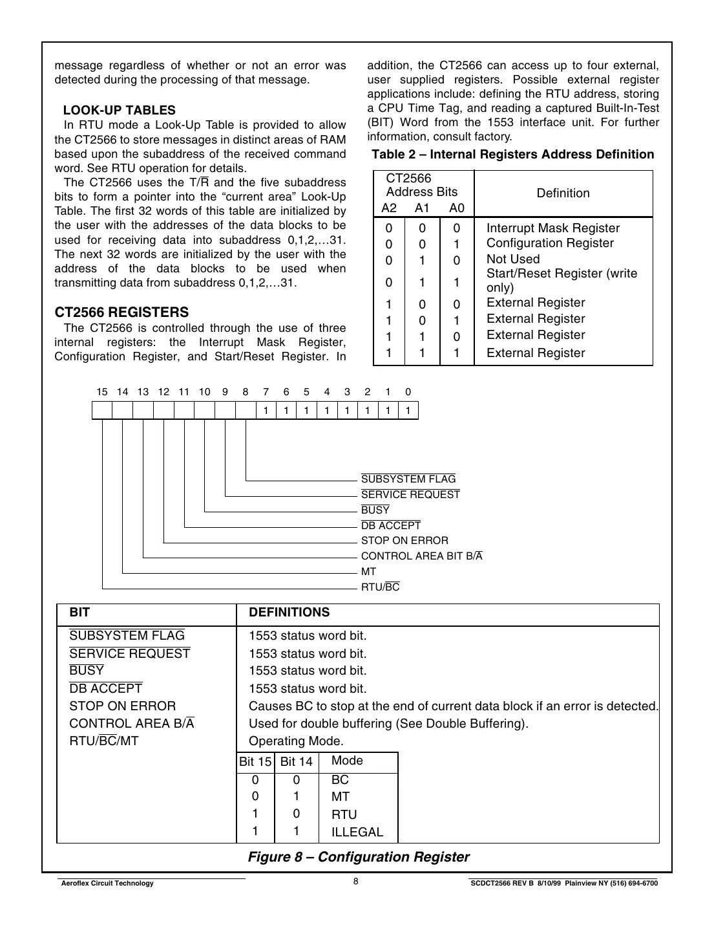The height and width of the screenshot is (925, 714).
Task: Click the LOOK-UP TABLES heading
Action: click(x=119, y=111)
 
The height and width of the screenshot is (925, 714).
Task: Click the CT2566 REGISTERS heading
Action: click(x=121, y=312)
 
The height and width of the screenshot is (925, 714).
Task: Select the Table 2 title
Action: click(x=512, y=155)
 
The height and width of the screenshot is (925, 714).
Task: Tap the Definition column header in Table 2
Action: click(x=563, y=193)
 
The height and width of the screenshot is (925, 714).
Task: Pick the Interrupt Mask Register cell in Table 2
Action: click(x=552, y=228)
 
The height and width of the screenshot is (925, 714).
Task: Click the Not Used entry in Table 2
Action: click(x=512, y=259)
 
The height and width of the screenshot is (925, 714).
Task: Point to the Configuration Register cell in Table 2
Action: click(x=550, y=243)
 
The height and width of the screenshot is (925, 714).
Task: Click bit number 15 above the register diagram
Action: click(x=102, y=392)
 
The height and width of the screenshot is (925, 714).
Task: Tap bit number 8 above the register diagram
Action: click(x=246, y=392)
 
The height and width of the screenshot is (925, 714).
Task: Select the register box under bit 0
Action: click(x=408, y=410)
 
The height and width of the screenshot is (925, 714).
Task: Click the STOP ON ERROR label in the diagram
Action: click(x=404, y=541)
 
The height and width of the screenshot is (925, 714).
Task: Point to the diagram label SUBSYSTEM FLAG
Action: click(x=408, y=479)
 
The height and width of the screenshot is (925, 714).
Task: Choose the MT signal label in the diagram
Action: click(x=368, y=572)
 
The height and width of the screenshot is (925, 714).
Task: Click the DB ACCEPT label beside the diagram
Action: click(x=391, y=526)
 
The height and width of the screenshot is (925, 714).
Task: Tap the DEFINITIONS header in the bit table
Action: click(x=289, y=613)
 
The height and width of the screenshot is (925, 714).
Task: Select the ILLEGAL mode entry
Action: click(x=357, y=832)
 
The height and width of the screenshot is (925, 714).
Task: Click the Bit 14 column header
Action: click(x=296, y=762)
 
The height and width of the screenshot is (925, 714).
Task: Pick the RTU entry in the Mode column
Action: click(x=344, y=815)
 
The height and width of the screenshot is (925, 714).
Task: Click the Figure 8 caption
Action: click(x=359, y=857)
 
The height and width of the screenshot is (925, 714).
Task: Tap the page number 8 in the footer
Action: click(x=356, y=881)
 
